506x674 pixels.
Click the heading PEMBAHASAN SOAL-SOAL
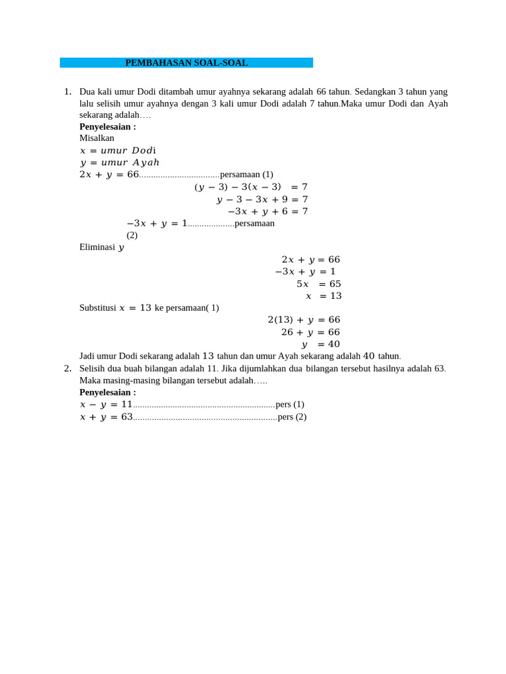click(x=186, y=63)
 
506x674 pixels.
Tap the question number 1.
click(x=67, y=91)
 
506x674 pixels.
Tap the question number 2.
click(x=67, y=369)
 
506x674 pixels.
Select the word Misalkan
click(x=97, y=138)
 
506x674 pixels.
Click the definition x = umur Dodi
click(x=118, y=150)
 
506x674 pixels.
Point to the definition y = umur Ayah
click(x=119, y=163)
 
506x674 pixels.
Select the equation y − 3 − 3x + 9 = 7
click(x=262, y=199)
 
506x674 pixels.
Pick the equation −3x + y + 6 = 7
click(x=267, y=211)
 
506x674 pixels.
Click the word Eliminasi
click(x=98, y=247)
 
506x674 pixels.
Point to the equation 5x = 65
click(x=319, y=284)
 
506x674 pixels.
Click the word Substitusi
click(x=98, y=307)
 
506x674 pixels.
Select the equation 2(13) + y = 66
click(x=304, y=320)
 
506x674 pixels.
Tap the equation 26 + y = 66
click(x=310, y=332)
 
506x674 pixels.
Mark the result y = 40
click(x=321, y=344)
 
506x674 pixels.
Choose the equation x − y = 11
click(x=106, y=404)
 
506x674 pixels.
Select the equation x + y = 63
click(x=106, y=417)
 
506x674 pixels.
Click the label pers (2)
click(x=292, y=417)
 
